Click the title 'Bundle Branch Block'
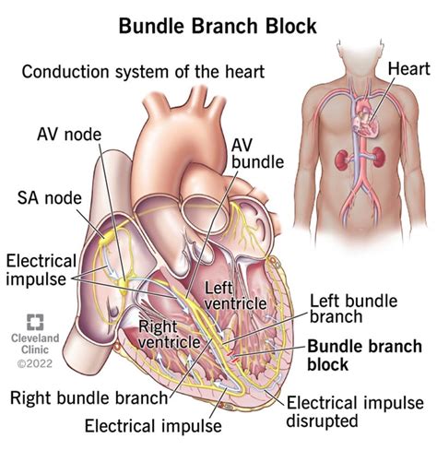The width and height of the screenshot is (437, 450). [218, 26]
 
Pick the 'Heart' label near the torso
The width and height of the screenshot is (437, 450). [407, 68]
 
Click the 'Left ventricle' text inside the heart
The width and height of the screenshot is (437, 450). [218, 299]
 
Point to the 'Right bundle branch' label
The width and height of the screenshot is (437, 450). [90, 397]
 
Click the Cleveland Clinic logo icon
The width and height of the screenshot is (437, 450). [35, 323]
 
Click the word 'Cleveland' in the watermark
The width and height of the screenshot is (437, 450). [35, 341]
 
